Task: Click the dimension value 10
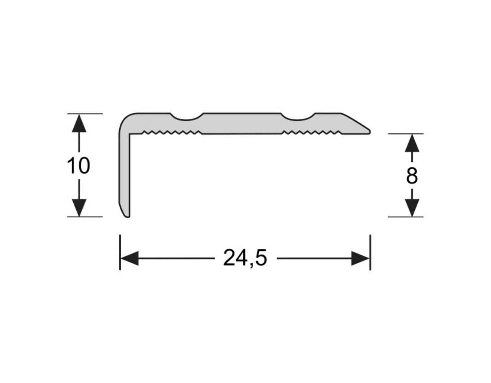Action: tap(78, 166)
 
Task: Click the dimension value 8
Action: tap(411, 176)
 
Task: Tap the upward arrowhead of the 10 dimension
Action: tap(79, 123)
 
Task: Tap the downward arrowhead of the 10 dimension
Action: tap(79, 208)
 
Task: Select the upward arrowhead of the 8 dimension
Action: tap(412, 142)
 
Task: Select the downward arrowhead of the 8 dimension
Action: tap(412, 208)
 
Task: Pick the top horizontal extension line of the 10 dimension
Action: tap(85, 114)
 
